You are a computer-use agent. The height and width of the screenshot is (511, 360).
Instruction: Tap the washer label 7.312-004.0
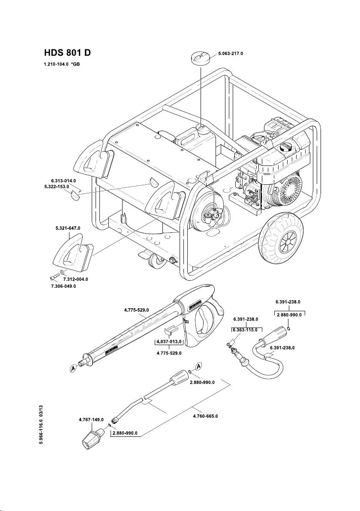[75, 279]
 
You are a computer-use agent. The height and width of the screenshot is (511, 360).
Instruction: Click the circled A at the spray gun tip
[73, 368]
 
